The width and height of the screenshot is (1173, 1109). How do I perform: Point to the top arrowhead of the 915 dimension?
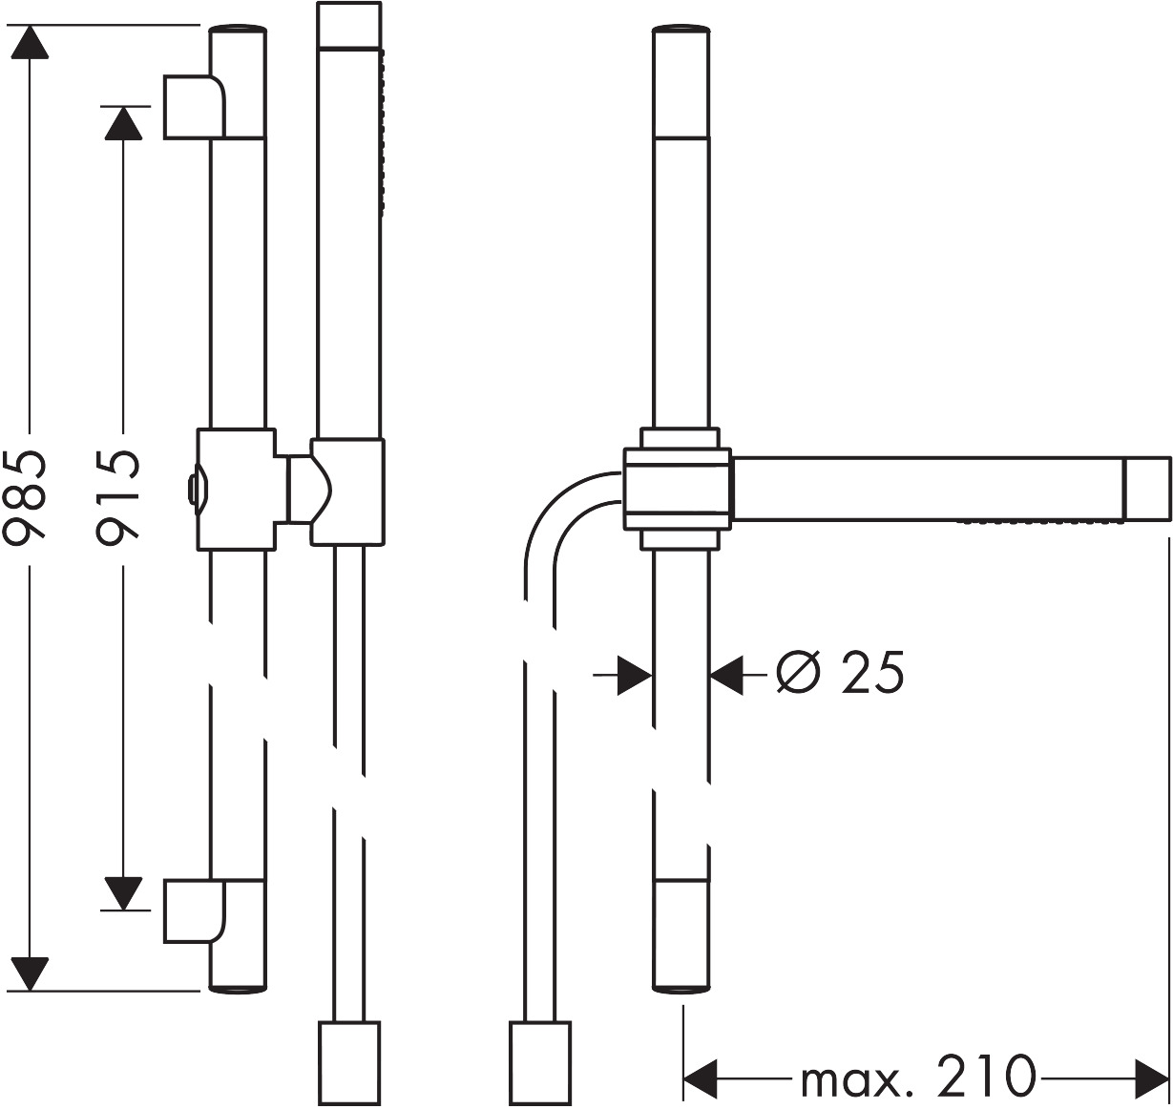pos(120,122)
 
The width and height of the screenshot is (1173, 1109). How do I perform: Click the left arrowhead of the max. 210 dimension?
pos(702,1078)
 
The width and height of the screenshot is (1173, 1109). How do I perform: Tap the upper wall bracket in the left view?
pos(195,106)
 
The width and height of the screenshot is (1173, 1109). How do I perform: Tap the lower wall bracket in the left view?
pos(195,910)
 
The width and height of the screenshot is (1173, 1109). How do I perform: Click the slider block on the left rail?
pos(236,490)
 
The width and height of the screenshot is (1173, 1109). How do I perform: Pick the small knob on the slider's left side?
pos(193,490)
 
